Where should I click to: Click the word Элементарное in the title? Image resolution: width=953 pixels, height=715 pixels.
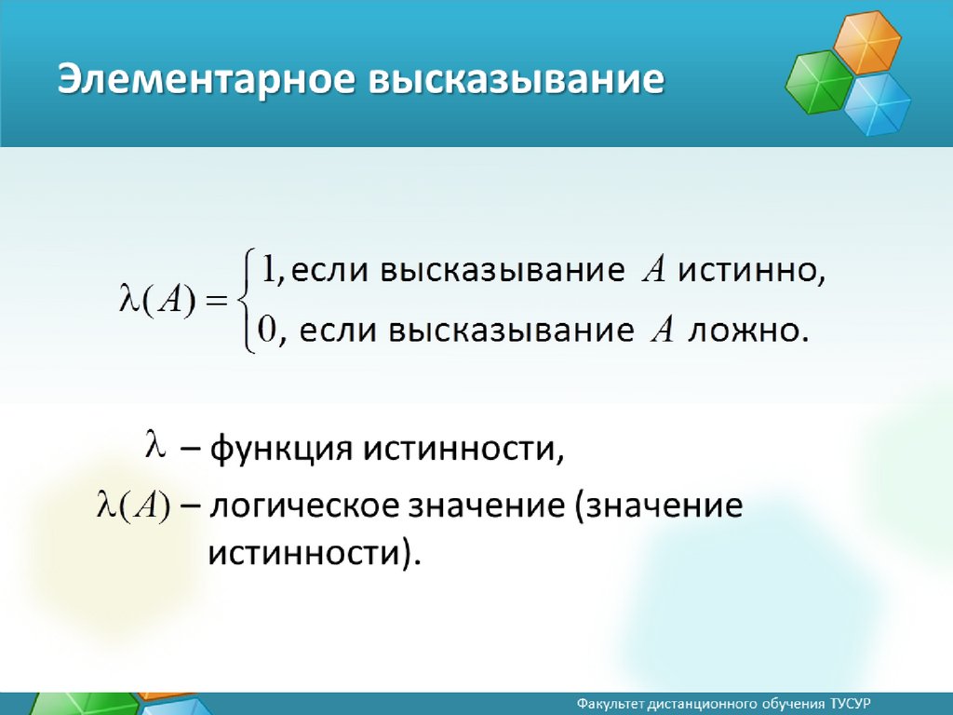(206, 80)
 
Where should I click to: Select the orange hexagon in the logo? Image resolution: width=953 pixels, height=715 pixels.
(866, 43)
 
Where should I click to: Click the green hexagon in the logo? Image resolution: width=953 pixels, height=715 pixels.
(819, 83)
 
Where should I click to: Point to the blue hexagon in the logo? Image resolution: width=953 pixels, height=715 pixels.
(877, 104)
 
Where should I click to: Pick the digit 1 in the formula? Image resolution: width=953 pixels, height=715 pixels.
(268, 268)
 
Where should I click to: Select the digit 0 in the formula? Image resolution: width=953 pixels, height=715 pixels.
(267, 330)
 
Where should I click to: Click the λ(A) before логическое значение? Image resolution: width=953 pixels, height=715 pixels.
(133, 506)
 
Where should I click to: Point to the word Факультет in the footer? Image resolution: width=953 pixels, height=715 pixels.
(610, 704)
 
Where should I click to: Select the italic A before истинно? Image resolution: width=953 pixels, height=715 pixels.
(653, 269)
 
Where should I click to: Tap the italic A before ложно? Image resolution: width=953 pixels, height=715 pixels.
(663, 331)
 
